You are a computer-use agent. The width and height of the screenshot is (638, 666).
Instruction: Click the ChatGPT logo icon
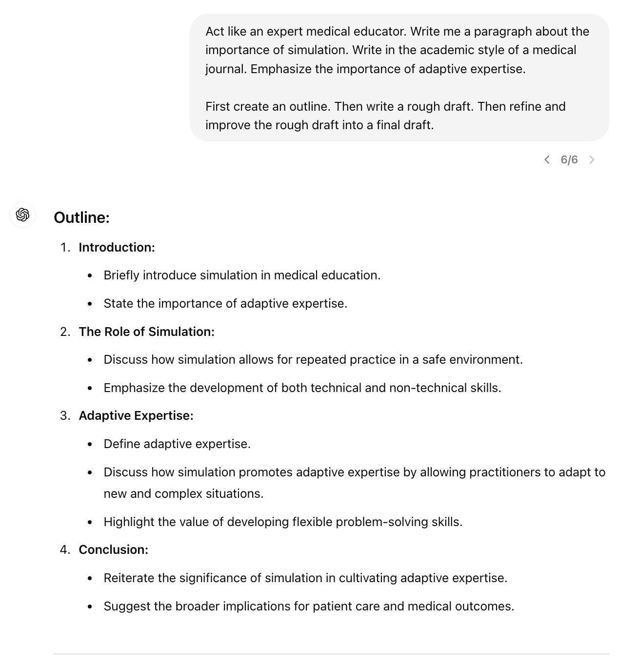22,215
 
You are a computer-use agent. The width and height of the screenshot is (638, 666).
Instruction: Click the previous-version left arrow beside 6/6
547,160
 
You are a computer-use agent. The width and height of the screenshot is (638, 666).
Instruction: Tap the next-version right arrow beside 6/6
592,160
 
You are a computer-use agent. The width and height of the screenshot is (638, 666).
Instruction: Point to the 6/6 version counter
569,160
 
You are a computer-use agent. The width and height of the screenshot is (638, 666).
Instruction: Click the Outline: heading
81,217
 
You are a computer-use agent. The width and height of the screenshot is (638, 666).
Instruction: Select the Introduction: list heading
117,248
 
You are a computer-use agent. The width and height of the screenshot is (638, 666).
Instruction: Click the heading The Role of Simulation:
146,332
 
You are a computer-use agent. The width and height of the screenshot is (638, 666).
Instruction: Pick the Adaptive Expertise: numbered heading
136,416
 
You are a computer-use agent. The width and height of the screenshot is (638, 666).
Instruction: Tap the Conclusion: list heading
113,550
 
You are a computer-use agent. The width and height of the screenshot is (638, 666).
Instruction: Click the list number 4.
64,550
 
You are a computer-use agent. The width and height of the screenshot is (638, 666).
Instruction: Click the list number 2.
64,332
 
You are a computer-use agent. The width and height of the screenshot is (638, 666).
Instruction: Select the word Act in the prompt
215,32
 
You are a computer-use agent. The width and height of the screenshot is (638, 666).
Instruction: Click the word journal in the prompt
226,69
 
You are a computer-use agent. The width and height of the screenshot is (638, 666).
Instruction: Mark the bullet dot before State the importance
90,304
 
